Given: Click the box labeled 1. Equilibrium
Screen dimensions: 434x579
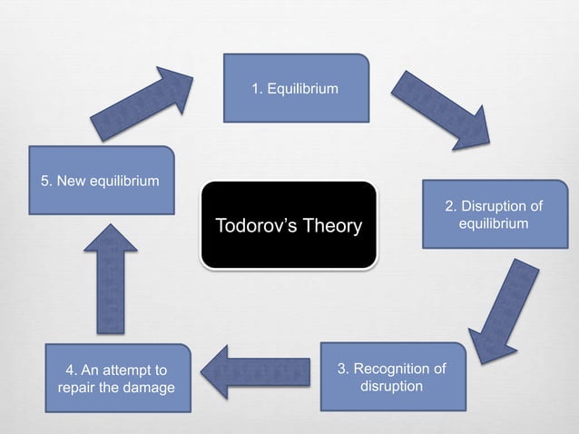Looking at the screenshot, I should (x=296, y=88).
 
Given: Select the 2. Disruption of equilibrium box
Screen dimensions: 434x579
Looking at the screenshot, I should (x=495, y=215).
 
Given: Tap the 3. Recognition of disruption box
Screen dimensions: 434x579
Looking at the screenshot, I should (x=392, y=377).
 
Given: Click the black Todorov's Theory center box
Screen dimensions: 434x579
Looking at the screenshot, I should (x=288, y=225).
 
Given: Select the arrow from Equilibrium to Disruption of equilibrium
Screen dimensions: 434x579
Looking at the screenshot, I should (x=441, y=106).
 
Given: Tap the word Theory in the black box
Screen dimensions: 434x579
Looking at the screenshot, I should (x=331, y=225).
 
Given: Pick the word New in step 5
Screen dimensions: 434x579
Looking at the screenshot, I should (x=72, y=180).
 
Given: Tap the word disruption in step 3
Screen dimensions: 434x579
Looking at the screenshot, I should (x=392, y=386).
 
